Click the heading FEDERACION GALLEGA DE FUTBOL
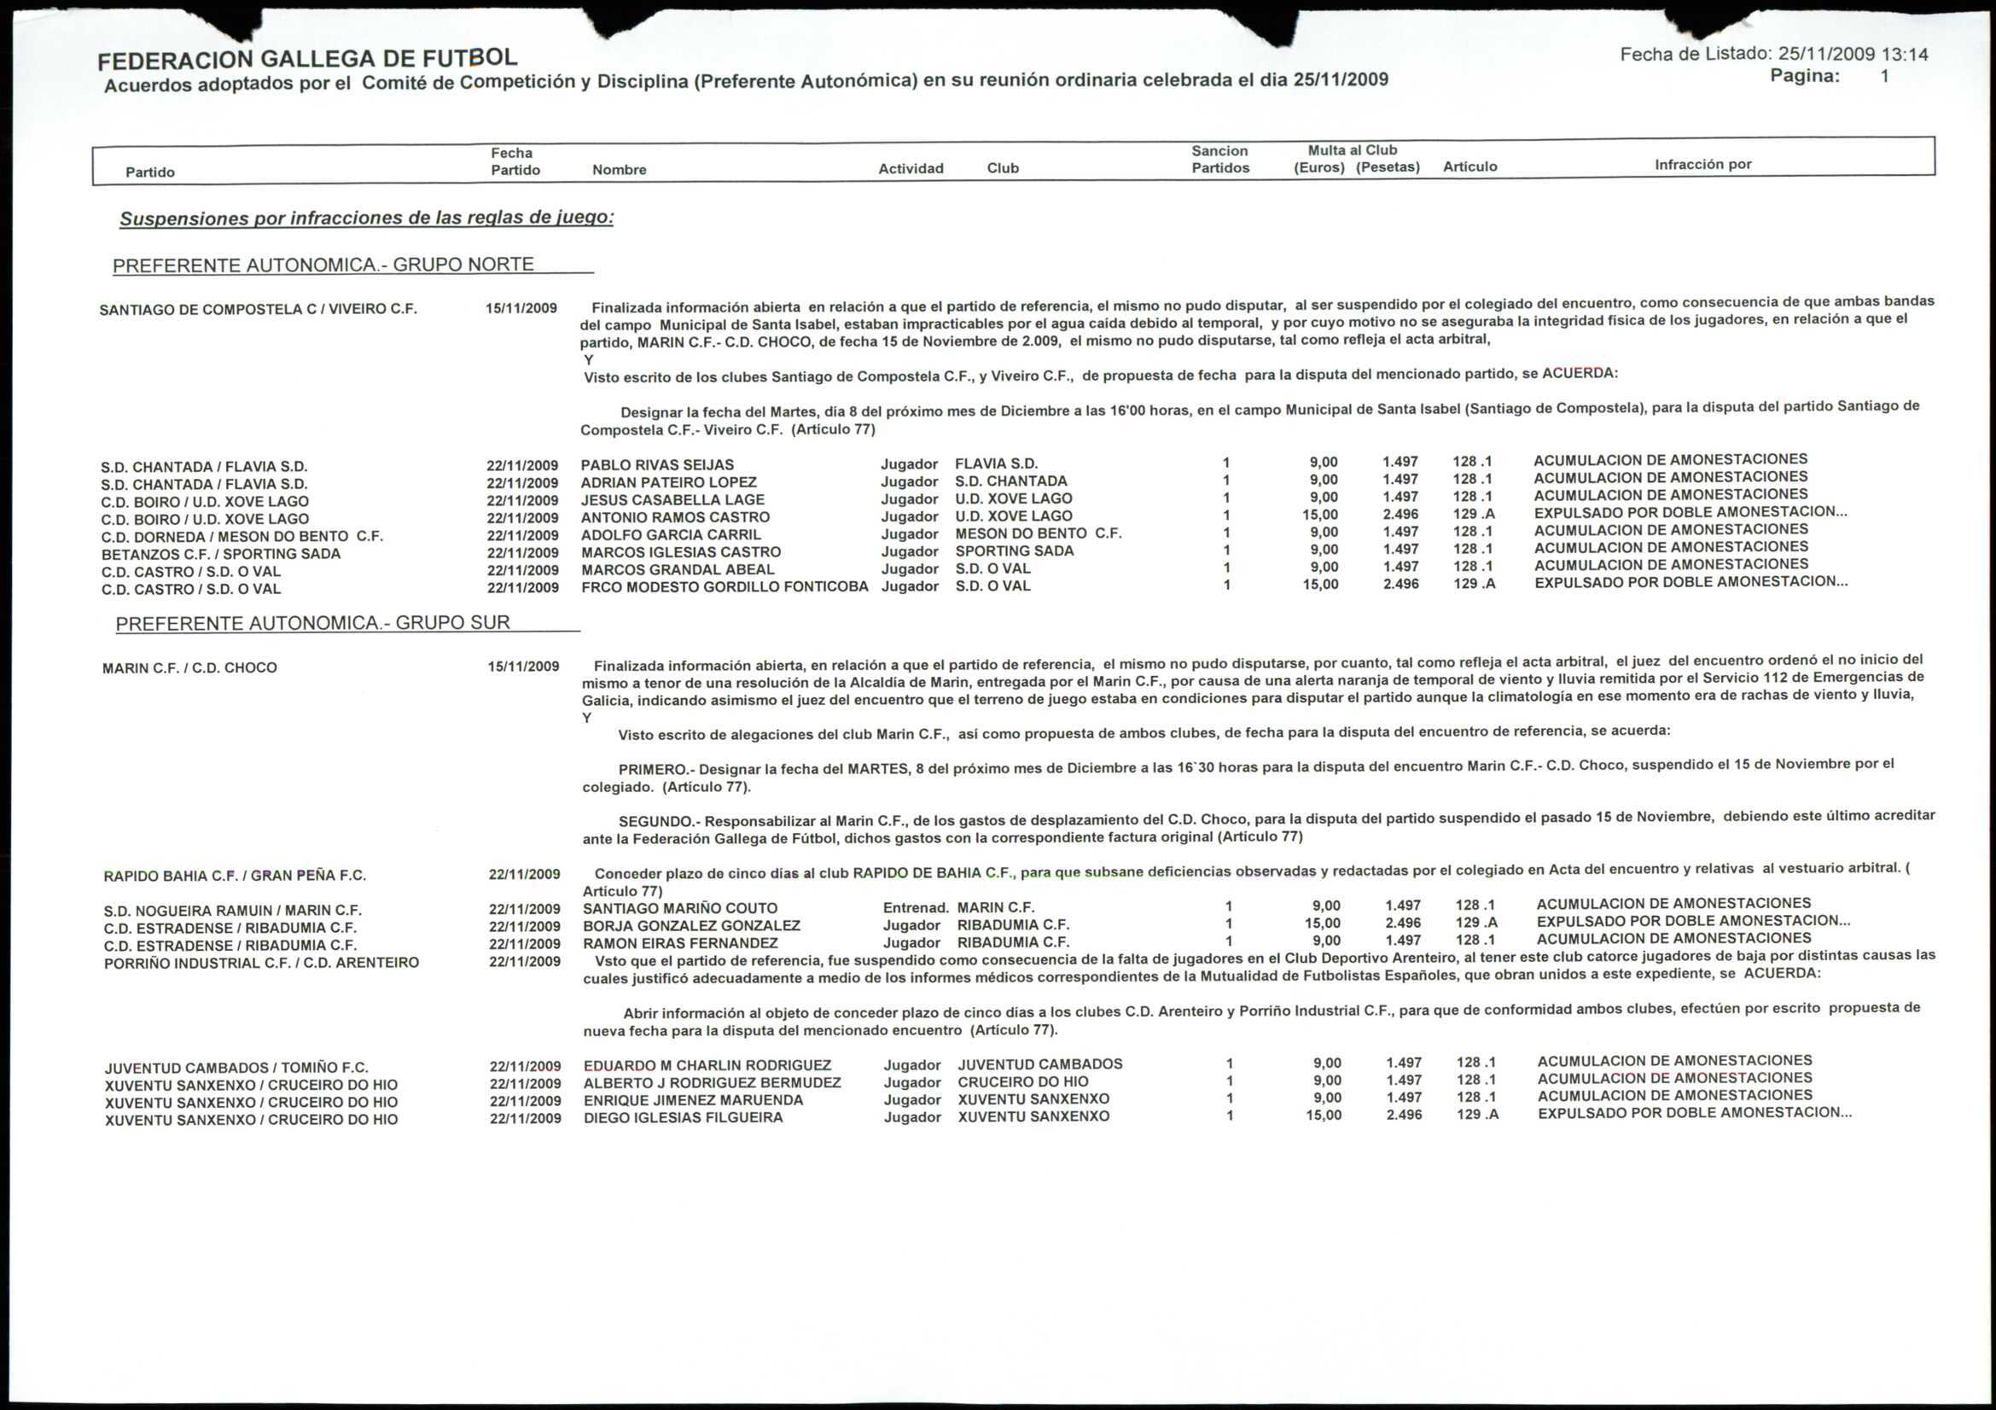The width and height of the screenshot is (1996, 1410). pos(307,59)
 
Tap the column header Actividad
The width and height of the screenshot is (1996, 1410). pos(911,169)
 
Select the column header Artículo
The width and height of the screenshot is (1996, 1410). pos(1469,166)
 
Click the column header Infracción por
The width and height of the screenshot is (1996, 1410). pos(1702,164)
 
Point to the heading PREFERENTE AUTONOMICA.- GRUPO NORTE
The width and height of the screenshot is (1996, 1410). pos(323,265)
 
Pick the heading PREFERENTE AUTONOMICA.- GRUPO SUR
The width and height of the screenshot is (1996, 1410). pos(313,623)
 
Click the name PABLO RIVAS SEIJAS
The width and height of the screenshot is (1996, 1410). pos(657,465)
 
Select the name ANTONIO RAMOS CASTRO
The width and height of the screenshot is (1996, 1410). pos(676,517)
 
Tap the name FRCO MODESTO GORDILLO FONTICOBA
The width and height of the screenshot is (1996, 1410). pos(725,586)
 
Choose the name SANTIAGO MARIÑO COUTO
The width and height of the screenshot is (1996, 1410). pos(680,908)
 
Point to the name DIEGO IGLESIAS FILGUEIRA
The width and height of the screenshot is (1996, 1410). pos(683,1117)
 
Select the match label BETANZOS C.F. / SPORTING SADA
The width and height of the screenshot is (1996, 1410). pos(221,554)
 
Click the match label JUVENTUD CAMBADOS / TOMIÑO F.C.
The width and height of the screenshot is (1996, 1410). pos(236,1068)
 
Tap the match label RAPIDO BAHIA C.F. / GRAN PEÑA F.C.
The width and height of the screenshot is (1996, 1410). pos(235,876)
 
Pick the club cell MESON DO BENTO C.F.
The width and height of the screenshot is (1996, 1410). pos(1038,533)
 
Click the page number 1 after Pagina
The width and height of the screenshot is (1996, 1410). pos(1884,76)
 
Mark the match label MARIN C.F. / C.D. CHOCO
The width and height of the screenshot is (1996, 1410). pos(189,667)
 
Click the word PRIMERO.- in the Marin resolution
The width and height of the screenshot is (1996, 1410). pos(656,769)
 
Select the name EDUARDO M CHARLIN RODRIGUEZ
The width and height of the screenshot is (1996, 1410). pos(707,1065)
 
